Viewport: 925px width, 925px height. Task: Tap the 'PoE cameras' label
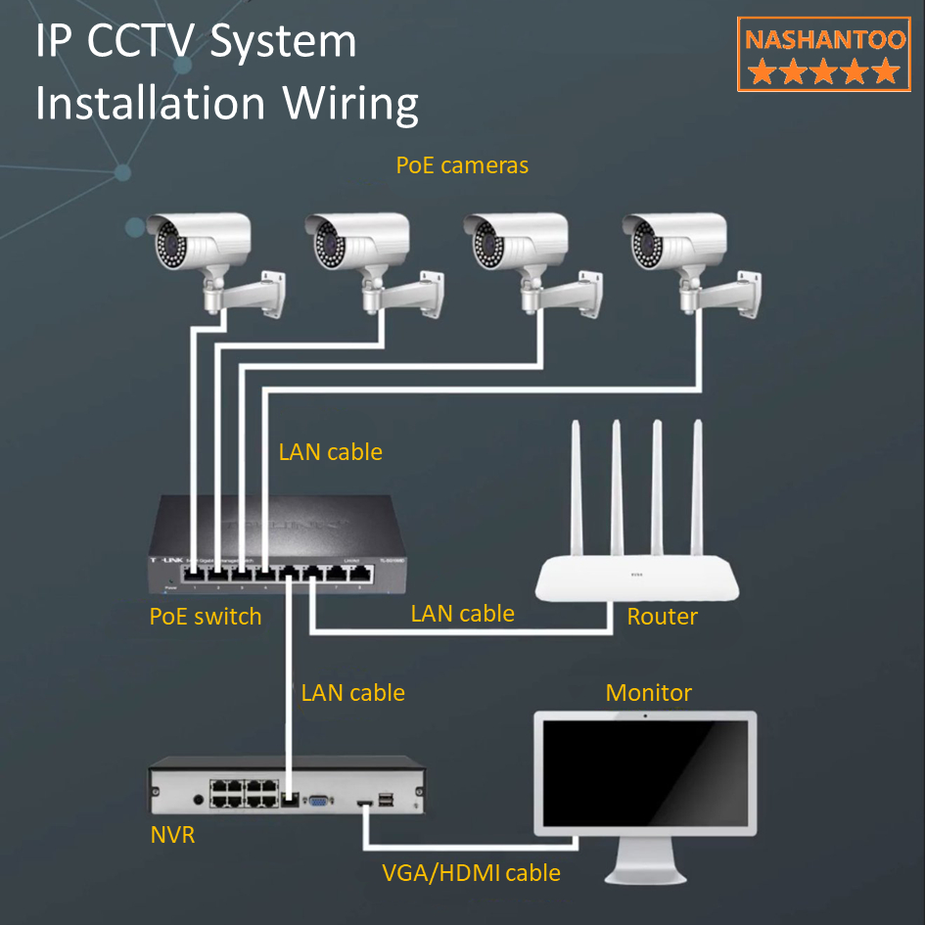462,165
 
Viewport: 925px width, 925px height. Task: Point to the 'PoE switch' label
206,617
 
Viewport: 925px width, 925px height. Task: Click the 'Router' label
662,617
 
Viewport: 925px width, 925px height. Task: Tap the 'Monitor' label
648,693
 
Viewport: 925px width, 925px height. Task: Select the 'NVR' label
172,836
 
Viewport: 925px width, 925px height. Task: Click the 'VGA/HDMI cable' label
471,872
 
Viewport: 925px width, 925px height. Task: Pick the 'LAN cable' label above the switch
330,452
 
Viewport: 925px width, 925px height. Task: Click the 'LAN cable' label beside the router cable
462,614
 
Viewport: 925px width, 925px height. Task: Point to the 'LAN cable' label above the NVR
352,693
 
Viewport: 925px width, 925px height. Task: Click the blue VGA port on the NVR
319,801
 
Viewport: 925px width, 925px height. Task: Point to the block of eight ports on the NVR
242,793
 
